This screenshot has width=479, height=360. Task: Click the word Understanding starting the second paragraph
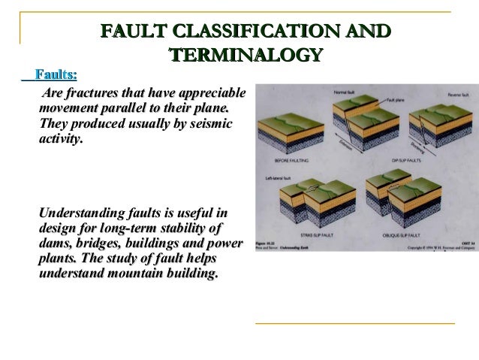point(89,214)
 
